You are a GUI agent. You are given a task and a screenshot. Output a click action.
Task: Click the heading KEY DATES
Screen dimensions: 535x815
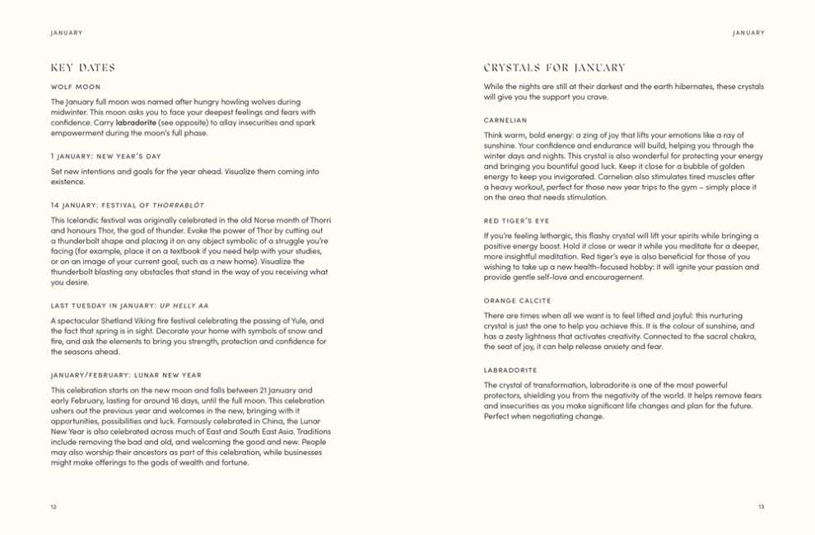(x=82, y=67)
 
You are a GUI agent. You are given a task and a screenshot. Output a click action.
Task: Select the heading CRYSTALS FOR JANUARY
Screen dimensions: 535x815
(x=554, y=67)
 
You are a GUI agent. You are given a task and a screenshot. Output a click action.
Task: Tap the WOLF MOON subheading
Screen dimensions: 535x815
(x=75, y=86)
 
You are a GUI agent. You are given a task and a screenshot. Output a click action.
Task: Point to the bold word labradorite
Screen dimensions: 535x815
(x=136, y=123)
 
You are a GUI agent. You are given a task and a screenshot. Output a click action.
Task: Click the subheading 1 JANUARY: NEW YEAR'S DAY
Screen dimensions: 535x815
(x=105, y=156)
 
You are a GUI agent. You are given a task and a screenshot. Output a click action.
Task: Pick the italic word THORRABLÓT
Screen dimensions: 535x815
(x=178, y=204)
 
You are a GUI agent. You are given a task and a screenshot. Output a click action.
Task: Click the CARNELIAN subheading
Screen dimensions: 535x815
(x=505, y=119)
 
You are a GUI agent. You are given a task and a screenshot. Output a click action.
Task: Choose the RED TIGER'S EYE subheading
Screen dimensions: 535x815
(x=516, y=221)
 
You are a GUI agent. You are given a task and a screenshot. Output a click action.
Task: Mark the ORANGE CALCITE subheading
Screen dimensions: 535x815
(x=517, y=300)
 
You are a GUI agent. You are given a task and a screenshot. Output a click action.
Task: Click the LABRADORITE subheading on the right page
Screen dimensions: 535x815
(x=510, y=370)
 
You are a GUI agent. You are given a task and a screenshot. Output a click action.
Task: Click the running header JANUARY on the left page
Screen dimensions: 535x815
(x=66, y=33)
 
